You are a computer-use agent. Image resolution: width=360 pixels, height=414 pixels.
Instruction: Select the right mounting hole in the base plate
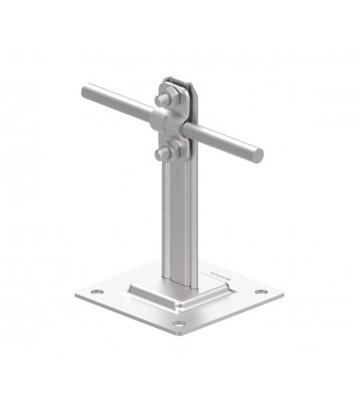tap(260, 292)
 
